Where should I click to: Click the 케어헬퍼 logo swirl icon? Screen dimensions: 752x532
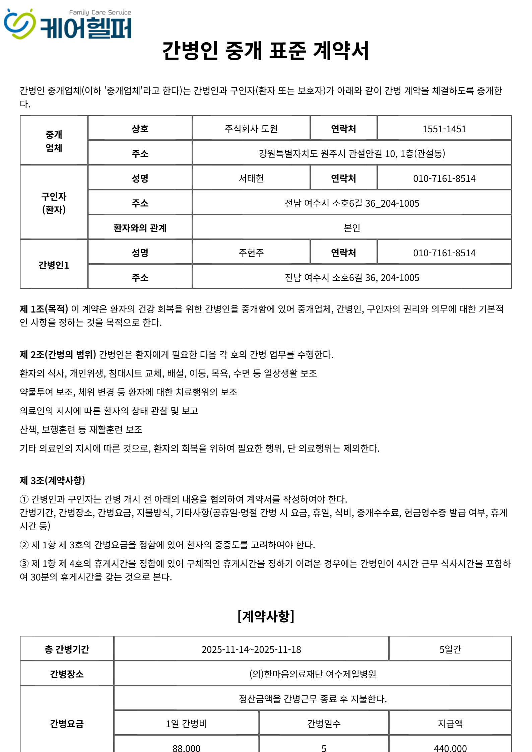(x=19, y=24)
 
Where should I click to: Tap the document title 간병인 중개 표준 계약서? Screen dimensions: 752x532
(x=265, y=51)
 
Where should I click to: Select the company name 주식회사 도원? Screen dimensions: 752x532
(x=251, y=129)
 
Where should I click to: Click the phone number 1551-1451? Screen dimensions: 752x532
(x=444, y=129)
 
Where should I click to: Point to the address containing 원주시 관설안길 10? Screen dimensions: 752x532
(x=351, y=154)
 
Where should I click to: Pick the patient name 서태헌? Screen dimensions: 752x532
(x=251, y=179)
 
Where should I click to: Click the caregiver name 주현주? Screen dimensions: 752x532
(x=251, y=253)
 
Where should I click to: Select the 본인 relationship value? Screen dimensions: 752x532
(x=351, y=228)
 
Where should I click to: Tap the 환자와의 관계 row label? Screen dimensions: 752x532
(x=140, y=228)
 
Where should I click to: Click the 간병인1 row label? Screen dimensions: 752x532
(x=54, y=265)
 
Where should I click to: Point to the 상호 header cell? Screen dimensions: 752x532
(x=140, y=129)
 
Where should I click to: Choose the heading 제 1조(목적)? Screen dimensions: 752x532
(x=44, y=309)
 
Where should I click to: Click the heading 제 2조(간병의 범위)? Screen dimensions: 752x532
(x=58, y=354)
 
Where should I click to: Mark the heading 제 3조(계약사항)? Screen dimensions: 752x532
(x=53, y=480)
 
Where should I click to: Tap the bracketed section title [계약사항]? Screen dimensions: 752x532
(x=266, y=616)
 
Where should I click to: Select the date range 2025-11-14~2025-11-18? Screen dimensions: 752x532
(x=251, y=650)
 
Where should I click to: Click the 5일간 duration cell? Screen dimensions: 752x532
(x=450, y=650)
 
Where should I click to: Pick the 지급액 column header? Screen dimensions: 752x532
(x=450, y=724)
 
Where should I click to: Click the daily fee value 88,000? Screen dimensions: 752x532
(x=186, y=748)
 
